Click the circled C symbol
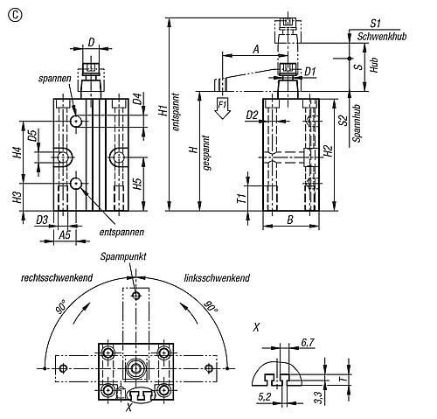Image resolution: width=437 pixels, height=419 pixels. point(15,15)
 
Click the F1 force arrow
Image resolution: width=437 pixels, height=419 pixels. point(223,108)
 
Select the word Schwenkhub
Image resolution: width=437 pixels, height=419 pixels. point(382,37)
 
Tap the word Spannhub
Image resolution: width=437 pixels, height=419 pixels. point(357,123)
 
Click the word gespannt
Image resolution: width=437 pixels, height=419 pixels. point(206,153)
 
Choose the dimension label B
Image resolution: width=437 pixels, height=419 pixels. point(290,220)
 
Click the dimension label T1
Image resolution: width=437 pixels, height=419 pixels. point(242,199)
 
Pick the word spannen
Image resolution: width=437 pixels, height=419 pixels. point(54,79)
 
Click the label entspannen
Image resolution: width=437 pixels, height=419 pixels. point(121,232)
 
